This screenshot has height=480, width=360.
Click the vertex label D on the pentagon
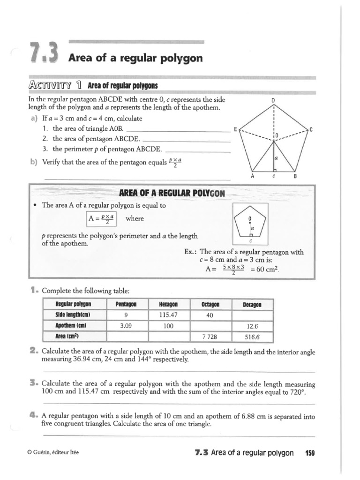(x=273, y=100)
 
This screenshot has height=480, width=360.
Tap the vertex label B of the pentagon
(x=295, y=176)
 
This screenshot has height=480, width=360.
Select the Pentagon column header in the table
(x=127, y=304)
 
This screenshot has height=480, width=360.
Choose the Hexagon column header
(x=169, y=304)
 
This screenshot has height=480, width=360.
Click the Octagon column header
(x=210, y=304)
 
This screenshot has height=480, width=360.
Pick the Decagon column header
(x=252, y=305)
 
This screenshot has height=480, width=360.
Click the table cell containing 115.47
(x=169, y=315)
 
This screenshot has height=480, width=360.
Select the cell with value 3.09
(x=127, y=326)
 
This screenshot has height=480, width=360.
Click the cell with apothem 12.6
(x=252, y=326)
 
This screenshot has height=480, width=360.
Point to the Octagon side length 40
(x=210, y=315)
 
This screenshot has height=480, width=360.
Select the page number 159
(x=310, y=453)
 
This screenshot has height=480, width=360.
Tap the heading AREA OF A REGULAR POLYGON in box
(x=172, y=193)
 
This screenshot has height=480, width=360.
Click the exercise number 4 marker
(x=33, y=415)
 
